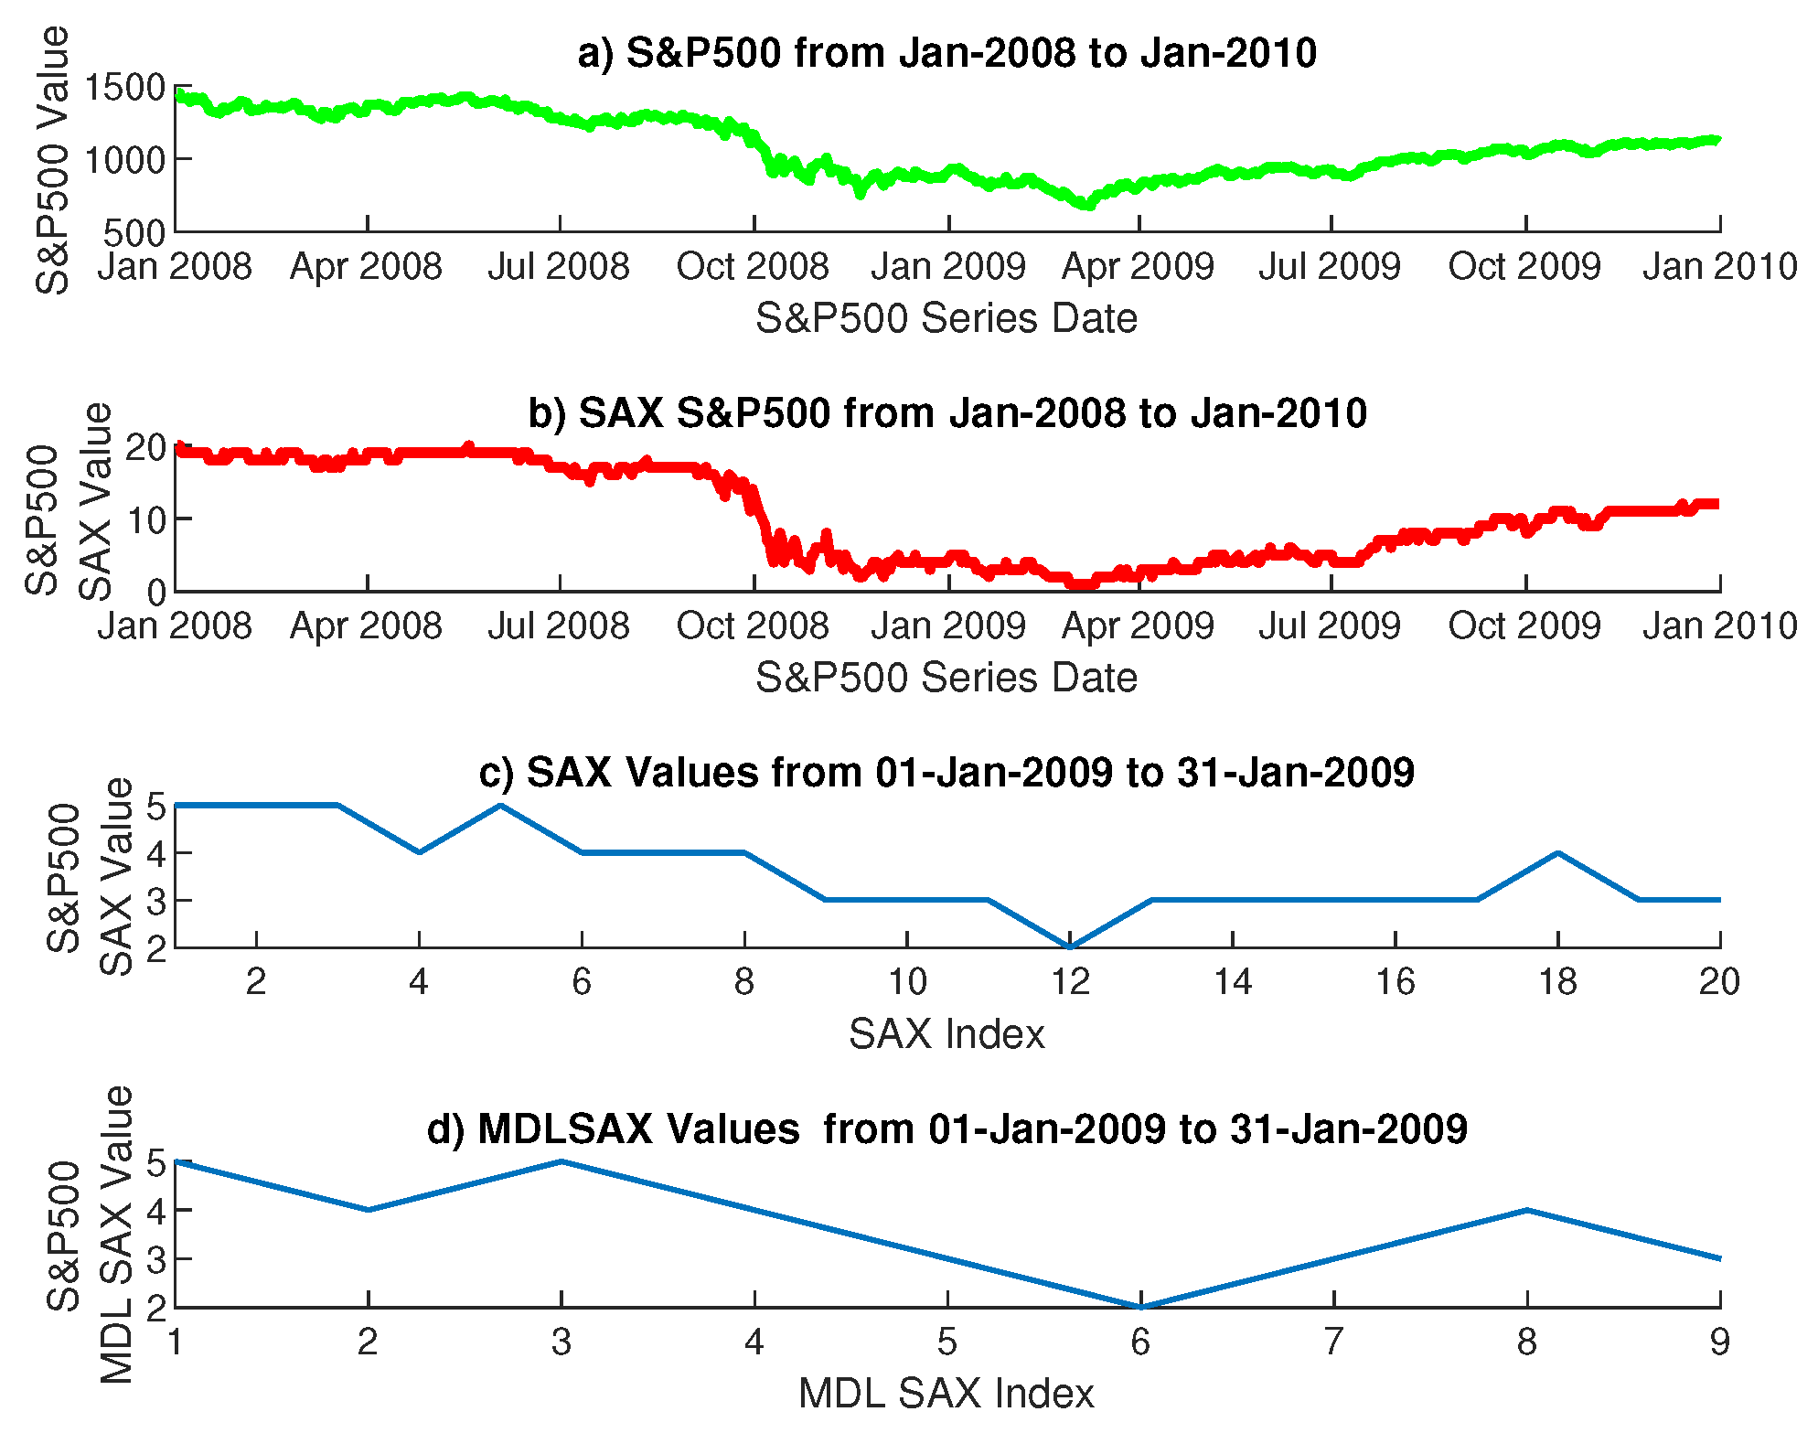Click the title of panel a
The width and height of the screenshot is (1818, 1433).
(x=946, y=53)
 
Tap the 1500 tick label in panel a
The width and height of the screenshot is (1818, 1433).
(x=124, y=88)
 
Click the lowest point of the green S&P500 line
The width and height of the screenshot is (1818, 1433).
(x=1087, y=205)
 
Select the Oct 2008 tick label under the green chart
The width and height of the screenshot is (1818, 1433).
(x=752, y=267)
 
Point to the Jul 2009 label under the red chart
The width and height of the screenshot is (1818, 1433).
(x=1330, y=626)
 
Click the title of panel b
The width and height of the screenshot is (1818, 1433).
(x=946, y=412)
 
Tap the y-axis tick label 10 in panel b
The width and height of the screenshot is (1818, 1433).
(x=145, y=520)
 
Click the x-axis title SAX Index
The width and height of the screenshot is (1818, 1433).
(x=946, y=1034)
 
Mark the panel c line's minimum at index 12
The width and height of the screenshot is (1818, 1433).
(x=1070, y=946)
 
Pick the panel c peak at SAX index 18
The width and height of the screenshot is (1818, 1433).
(x=1557, y=853)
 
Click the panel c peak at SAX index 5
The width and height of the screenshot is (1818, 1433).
(x=500, y=806)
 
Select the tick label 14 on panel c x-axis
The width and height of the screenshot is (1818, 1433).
(x=1232, y=982)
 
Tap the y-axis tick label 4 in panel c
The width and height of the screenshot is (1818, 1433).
(x=155, y=853)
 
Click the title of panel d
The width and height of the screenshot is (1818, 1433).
(x=946, y=1129)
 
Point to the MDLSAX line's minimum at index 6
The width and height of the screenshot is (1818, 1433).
(x=1140, y=1306)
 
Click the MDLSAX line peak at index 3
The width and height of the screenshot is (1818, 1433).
(x=561, y=1162)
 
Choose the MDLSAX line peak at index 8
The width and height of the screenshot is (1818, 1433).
(x=1526, y=1211)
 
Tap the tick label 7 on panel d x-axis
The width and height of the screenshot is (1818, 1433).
(x=1333, y=1342)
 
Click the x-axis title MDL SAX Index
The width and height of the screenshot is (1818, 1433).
(x=946, y=1394)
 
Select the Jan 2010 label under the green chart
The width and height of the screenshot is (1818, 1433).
(x=1719, y=267)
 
